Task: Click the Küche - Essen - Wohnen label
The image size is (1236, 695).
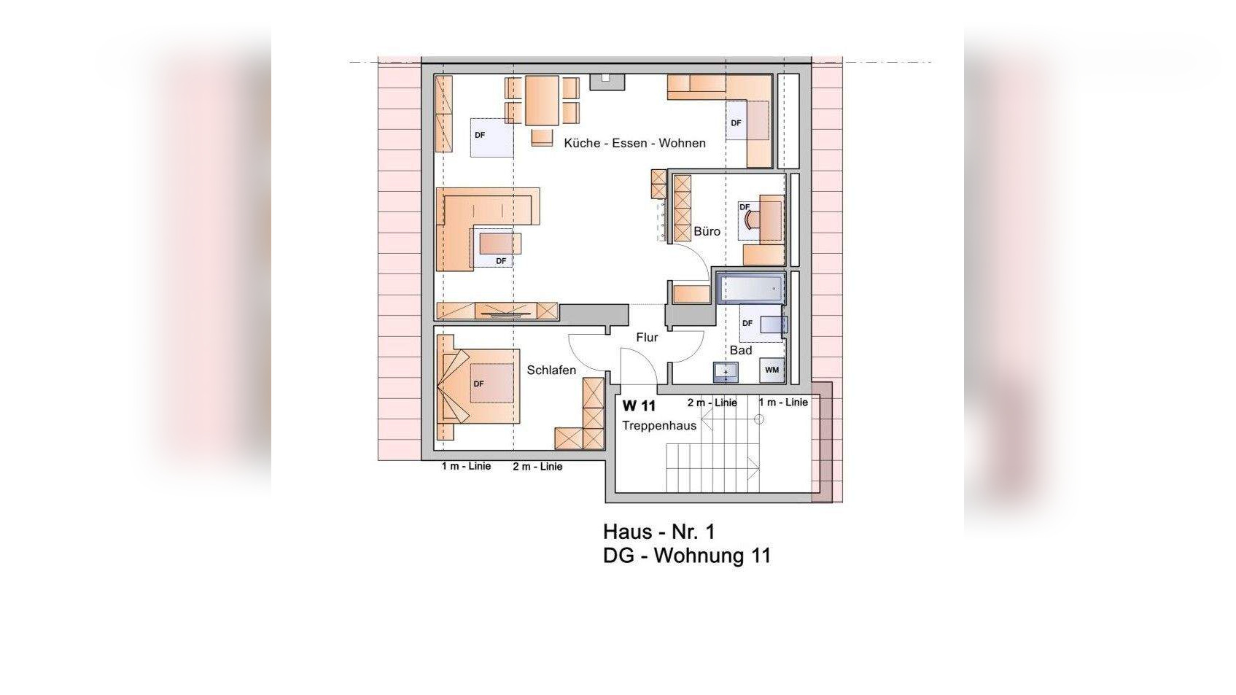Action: coord(634,143)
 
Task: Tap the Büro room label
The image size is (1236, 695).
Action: coord(707,231)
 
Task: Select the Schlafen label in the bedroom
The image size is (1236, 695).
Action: coord(551,370)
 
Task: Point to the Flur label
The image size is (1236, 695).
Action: coord(647,337)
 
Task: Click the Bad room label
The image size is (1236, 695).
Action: coord(740,350)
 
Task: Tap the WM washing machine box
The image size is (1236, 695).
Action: coord(772,370)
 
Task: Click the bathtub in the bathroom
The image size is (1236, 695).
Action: coord(751,288)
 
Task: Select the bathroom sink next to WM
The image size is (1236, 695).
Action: coord(726,372)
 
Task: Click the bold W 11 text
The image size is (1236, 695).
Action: coord(639,405)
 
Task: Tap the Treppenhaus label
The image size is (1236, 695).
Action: coord(659,426)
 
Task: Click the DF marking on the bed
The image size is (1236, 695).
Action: coord(478,384)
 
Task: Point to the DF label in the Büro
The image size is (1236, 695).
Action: coord(745,207)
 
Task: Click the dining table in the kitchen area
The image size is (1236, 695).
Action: coord(542,101)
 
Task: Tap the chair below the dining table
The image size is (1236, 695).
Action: coord(542,137)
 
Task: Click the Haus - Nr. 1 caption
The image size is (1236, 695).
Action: coord(658,532)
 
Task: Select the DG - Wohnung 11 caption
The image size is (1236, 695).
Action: coord(686,555)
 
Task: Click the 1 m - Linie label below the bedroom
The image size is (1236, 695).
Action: coord(466,467)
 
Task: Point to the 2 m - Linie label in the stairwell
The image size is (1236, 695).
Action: coord(712,403)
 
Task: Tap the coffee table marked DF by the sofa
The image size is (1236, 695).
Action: coord(500,244)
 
